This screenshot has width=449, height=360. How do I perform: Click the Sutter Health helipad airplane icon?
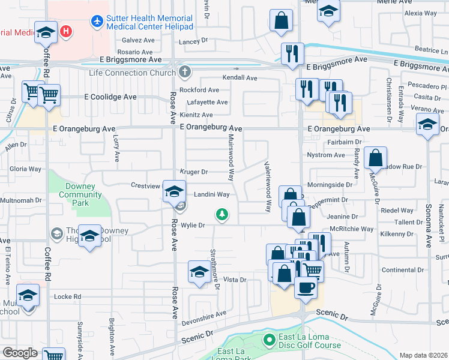click(97, 22)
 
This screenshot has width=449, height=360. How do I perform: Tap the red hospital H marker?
click(67, 31)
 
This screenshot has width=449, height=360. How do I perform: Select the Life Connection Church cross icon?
click(185, 73)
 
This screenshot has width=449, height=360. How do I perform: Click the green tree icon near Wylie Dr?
click(222, 214)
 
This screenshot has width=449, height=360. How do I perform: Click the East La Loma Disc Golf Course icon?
click(268, 341)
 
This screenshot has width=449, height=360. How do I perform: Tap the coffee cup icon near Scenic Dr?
click(306, 287)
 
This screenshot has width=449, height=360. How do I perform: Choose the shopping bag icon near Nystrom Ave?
click(375, 158)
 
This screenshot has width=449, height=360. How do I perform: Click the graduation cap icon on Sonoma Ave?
click(427, 124)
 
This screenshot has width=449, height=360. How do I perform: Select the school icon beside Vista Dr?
click(200, 272)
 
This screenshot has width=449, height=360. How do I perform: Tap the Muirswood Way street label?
click(231, 157)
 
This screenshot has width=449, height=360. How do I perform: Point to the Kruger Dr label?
click(194, 172)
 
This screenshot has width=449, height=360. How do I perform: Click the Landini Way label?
click(211, 194)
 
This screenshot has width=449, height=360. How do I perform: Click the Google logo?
click(20, 353)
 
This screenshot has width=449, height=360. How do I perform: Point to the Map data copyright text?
click(423, 355)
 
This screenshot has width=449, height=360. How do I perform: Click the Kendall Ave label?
click(240, 78)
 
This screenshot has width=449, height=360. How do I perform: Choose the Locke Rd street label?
click(67, 296)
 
